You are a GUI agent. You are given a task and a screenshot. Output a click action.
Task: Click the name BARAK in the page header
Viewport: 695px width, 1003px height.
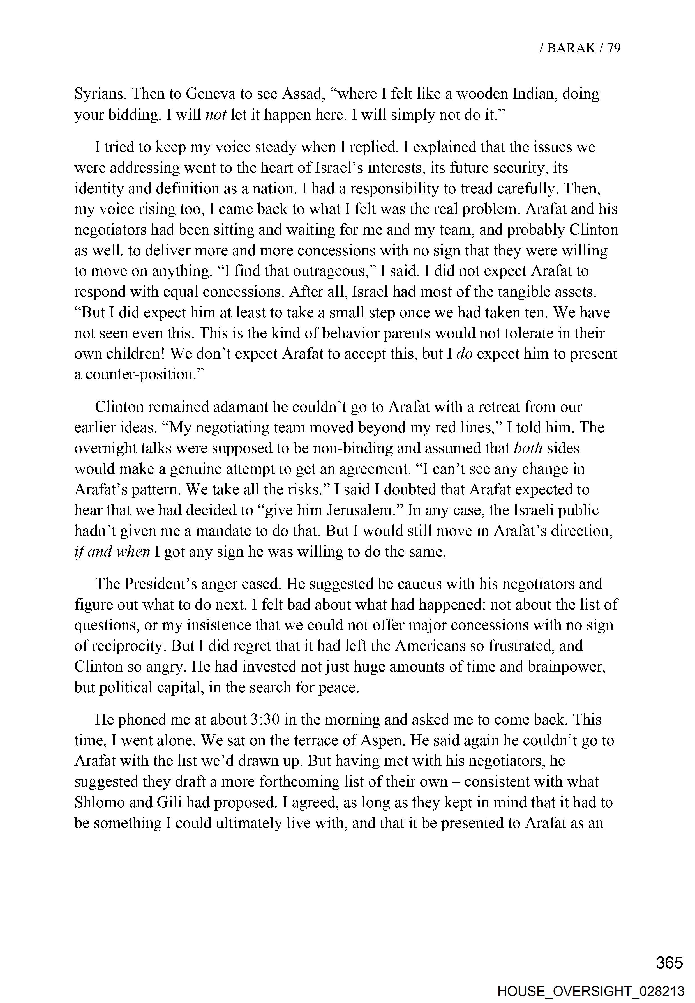(x=571, y=48)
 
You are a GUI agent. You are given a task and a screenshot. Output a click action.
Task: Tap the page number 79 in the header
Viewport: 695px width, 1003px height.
(x=613, y=48)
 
